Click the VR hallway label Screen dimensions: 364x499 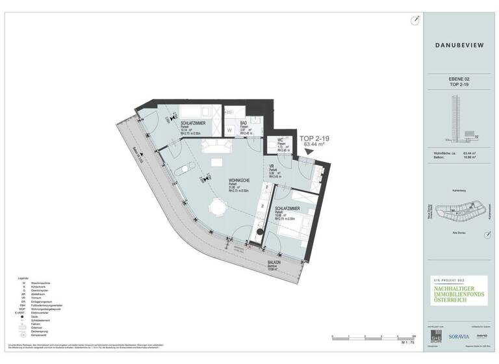point(272,166)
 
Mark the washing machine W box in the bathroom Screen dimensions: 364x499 point(229,130)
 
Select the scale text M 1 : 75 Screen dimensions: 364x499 point(407,342)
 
